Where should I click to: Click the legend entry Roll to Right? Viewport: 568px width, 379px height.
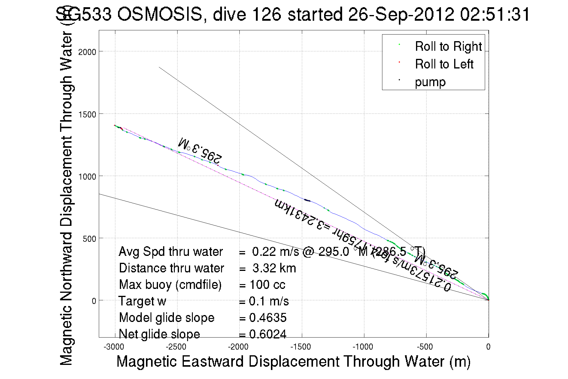[448, 47]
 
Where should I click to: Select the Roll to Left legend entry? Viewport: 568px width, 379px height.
[444, 64]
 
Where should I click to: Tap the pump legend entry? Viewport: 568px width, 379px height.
[430, 82]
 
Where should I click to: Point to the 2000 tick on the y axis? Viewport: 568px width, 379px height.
[87, 52]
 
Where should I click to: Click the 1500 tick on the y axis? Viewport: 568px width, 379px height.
[87, 114]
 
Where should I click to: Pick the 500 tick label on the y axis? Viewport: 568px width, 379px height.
[89, 239]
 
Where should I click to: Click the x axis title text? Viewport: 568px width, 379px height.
[293, 361]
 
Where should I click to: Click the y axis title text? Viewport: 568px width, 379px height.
[66, 198]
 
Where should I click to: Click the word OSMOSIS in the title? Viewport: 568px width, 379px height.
[160, 14]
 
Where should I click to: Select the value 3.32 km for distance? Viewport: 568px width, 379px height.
[274, 268]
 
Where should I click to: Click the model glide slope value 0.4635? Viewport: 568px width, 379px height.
[268, 318]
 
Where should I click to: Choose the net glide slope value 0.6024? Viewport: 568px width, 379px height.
[268, 334]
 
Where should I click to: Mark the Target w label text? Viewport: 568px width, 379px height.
[142, 301]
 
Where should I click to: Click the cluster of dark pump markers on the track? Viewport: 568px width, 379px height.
[307, 200]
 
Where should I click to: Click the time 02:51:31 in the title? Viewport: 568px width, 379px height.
[495, 14]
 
